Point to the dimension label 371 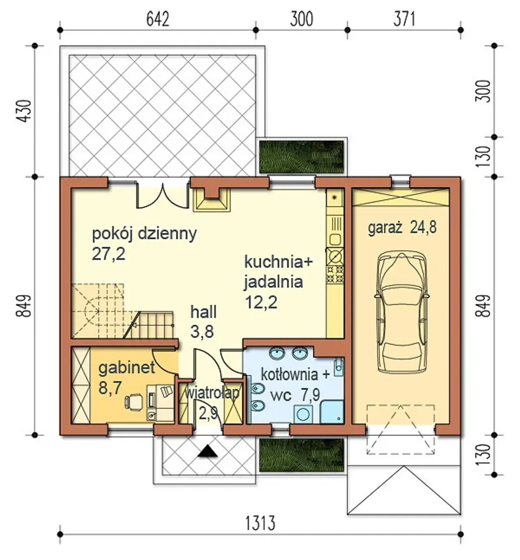(404, 20)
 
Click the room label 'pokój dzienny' (144, 234)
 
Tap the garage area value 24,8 (423, 227)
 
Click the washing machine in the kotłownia (303, 414)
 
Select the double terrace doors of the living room (162, 195)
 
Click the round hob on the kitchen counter (336, 256)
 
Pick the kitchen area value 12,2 (261, 302)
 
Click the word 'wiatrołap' (212, 393)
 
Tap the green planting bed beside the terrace (301, 157)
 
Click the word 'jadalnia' (273, 282)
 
